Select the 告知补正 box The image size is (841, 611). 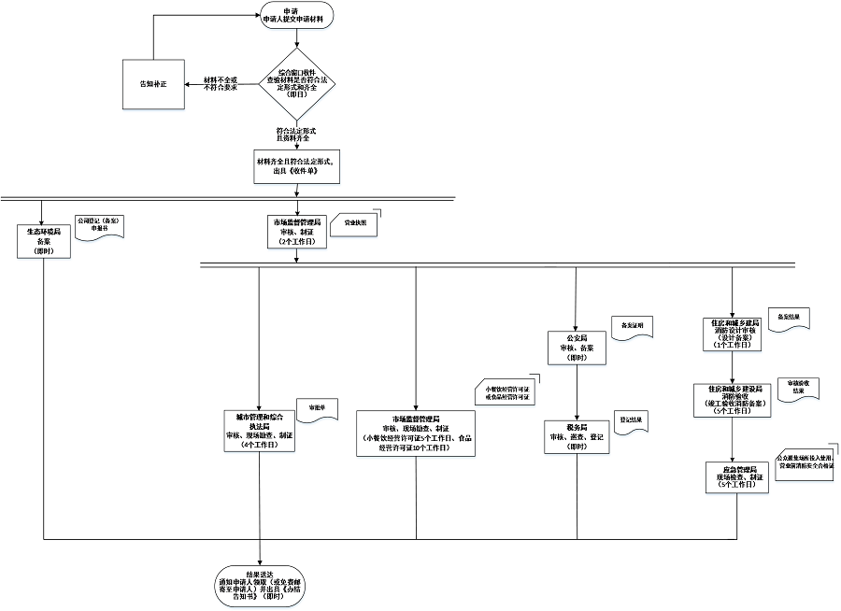click(152, 84)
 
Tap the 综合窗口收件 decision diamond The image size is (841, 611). click(296, 84)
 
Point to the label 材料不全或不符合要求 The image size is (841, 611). click(221, 84)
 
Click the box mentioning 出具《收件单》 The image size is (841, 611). click(296, 166)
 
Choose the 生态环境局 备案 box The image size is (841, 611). click(44, 240)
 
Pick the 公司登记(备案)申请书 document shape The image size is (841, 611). click(98, 227)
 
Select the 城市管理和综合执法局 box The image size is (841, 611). click(259, 431)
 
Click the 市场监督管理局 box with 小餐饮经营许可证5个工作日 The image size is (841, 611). click(416, 433)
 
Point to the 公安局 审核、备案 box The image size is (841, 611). click(576, 347)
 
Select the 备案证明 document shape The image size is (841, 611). click(632, 326)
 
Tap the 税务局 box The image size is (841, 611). click(576, 436)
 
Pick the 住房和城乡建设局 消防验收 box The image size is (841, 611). click(734, 399)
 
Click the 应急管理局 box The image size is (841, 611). click(734, 476)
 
